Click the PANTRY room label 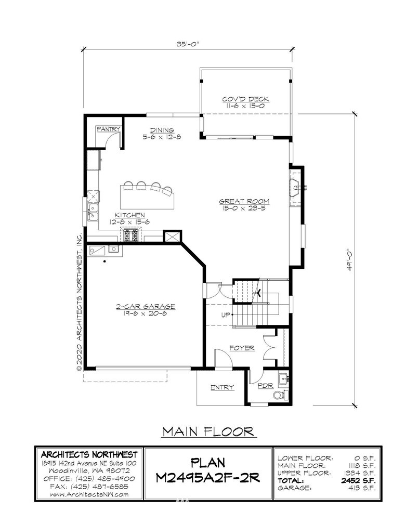[108, 129]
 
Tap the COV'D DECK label [245, 99]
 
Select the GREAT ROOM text [244, 202]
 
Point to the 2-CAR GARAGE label [146, 307]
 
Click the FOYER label [242, 348]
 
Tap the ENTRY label [222, 387]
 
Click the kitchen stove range [131, 235]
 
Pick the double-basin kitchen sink [93, 213]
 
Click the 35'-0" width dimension [188, 44]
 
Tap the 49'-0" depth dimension [349, 259]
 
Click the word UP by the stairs [226, 315]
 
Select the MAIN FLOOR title [208, 431]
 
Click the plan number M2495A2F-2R [208, 478]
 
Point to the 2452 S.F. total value [358, 481]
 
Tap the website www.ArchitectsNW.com [89, 494]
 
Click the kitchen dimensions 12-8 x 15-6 [129, 222]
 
